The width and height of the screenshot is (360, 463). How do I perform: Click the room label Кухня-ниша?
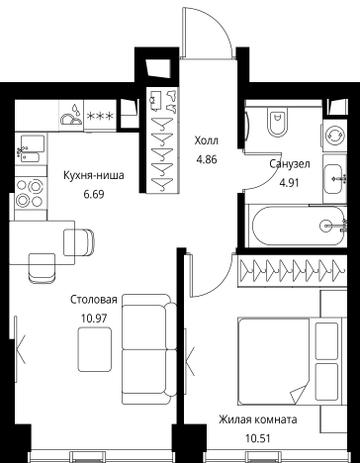(x=94, y=175)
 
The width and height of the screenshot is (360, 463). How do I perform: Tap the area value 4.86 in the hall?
(x=207, y=160)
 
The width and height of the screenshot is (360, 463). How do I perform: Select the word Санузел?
(x=290, y=163)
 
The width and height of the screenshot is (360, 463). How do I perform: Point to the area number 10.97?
(x=94, y=319)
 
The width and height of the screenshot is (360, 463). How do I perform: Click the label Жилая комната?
(x=258, y=419)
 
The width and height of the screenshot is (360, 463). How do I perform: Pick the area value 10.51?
(x=258, y=438)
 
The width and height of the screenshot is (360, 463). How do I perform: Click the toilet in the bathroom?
(x=276, y=123)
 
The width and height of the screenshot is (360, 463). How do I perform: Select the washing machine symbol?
(x=334, y=136)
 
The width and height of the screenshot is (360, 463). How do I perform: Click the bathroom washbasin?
(x=334, y=179)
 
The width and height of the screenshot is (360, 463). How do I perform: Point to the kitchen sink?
(x=31, y=148)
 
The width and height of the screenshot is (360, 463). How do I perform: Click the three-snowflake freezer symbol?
(x=100, y=116)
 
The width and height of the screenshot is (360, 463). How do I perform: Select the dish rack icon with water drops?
(x=71, y=115)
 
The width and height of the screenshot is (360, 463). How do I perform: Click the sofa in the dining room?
(x=149, y=349)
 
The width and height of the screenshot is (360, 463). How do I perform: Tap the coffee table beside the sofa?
(x=95, y=349)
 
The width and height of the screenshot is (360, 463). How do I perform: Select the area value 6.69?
(x=94, y=194)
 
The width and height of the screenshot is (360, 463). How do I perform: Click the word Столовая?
(x=94, y=300)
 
